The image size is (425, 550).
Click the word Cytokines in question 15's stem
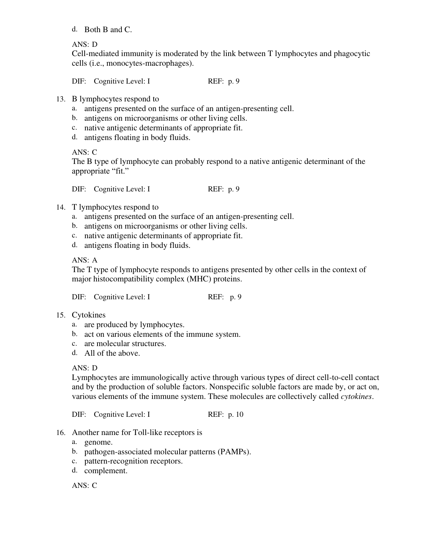[89, 315]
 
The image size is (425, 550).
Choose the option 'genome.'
[98, 442]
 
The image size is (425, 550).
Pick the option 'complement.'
[106, 471]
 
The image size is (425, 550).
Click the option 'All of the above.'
[112, 353]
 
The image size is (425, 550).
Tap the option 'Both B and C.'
[108, 30]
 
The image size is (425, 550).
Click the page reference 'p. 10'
[236, 414]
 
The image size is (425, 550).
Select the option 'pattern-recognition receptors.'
[133, 461]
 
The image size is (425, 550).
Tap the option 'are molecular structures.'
[125, 344]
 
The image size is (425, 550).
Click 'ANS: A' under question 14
[85, 260]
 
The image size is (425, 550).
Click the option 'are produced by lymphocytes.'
[134, 325]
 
